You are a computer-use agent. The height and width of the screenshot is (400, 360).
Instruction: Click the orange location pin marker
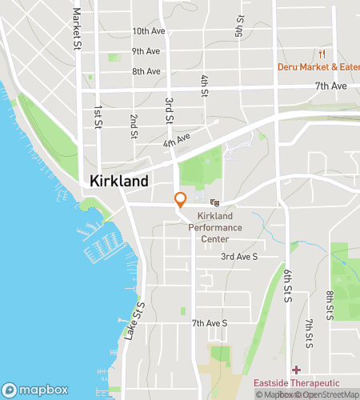pos(181,200)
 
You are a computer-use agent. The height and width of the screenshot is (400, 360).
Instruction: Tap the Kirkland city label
pos(119,182)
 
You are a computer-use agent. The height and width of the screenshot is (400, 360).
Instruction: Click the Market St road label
pos(78,26)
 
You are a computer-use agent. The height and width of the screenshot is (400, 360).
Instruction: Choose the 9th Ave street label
pos(146,51)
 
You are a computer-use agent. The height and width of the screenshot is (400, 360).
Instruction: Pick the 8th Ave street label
pos(147,71)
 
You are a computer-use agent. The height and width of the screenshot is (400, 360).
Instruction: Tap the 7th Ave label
pos(330,86)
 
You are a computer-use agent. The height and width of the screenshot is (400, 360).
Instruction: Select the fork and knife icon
pos(322,54)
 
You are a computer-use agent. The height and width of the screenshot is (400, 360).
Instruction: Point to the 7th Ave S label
pos(210,323)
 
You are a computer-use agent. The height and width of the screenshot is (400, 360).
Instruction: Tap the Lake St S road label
pos(134,321)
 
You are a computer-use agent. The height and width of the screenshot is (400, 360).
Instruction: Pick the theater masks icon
pos(215,203)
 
